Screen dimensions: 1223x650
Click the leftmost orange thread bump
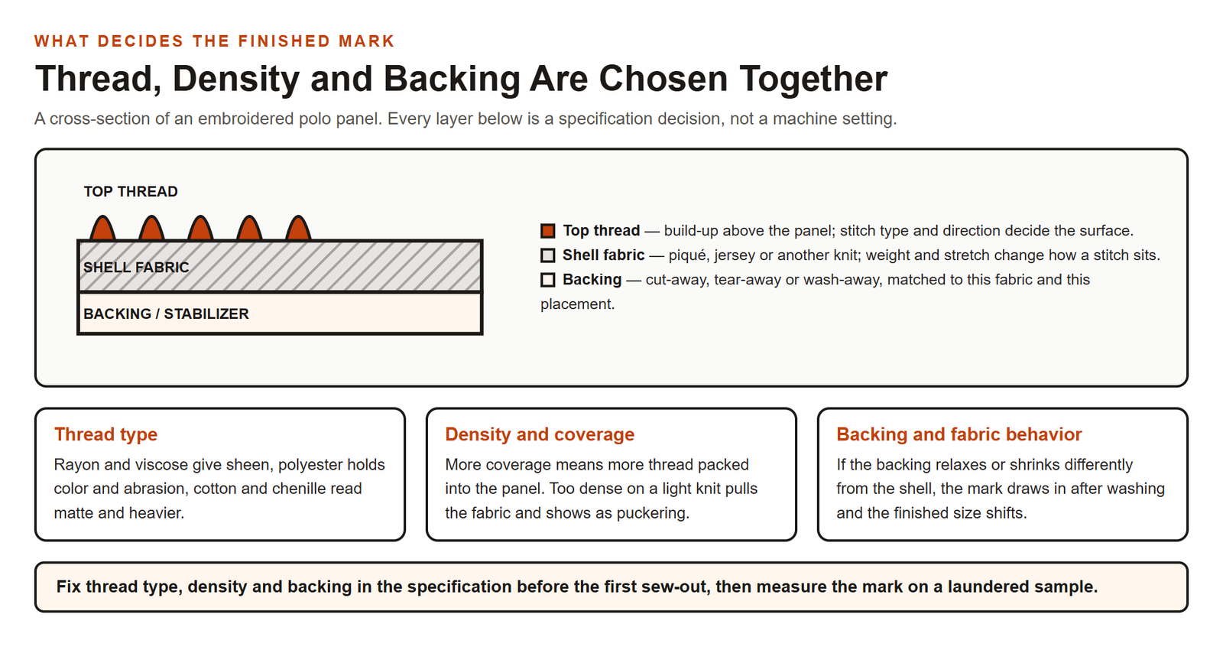102,229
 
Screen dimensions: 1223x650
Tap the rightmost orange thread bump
298,229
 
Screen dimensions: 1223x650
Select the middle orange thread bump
200,229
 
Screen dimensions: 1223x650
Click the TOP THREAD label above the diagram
131,192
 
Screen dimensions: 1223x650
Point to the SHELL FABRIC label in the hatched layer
136,267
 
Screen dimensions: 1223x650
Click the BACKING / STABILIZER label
166,314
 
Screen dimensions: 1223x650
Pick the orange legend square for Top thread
547,230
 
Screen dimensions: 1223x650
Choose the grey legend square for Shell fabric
547,255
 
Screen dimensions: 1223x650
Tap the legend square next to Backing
547,280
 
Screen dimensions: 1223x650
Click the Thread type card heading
105,434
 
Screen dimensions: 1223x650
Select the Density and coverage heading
540,434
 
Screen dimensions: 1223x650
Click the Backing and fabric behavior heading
959,434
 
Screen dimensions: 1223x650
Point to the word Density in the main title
236,80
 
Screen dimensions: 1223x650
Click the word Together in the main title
813,80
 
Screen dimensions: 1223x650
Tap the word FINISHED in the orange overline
284,41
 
